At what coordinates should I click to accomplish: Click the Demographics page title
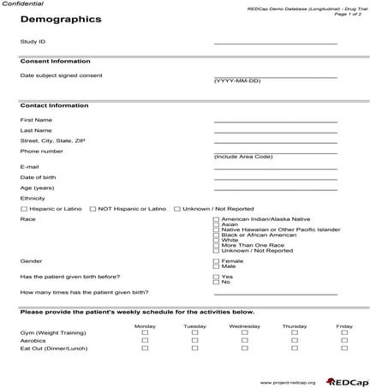pyautogui.click(x=60, y=19)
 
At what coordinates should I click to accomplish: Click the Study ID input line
pyautogui.click(x=275, y=41)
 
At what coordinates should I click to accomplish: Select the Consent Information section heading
pyautogui.click(x=55, y=62)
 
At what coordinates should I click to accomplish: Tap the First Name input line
pyautogui.click(x=275, y=120)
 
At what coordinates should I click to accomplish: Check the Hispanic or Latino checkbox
pyautogui.click(x=23, y=209)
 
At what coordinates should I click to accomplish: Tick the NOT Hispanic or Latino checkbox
pyautogui.click(x=93, y=209)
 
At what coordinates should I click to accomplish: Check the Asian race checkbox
pyautogui.click(x=216, y=224)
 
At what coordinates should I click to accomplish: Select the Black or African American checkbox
pyautogui.click(x=216, y=235)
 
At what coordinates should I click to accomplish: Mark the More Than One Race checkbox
pyautogui.click(x=216, y=246)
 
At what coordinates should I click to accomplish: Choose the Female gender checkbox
pyautogui.click(x=216, y=260)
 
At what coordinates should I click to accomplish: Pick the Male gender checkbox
pyautogui.click(x=216, y=266)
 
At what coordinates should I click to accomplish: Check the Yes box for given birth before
pyautogui.click(x=216, y=277)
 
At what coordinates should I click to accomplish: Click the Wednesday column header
pyautogui.click(x=244, y=326)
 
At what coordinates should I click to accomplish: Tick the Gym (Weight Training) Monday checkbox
pyautogui.click(x=145, y=333)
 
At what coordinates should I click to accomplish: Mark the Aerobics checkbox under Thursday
pyautogui.click(x=295, y=341)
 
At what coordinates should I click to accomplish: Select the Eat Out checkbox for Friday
pyautogui.click(x=344, y=349)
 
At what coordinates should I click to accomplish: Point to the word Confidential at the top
pyautogui.click(x=21, y=4)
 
